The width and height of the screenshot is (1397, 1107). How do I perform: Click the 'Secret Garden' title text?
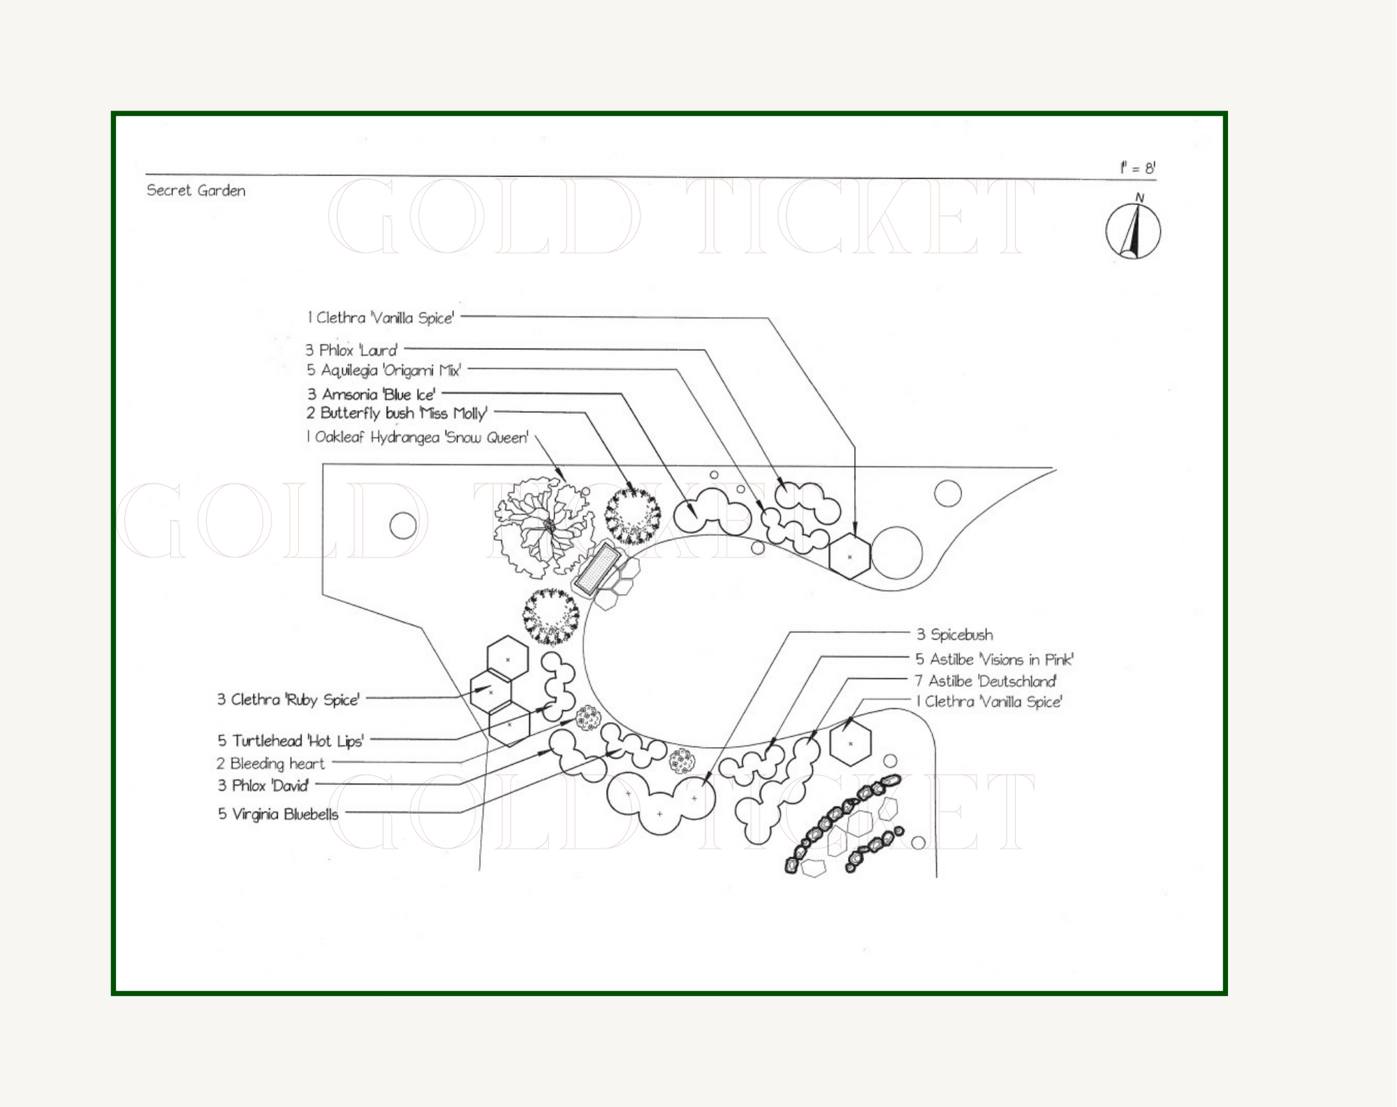196,191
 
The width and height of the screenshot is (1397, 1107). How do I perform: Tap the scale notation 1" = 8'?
1137,168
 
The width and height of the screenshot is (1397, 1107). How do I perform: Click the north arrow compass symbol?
1133,230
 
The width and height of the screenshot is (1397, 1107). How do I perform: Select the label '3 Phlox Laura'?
351,350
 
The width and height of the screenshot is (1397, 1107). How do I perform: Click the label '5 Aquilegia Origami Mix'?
383,370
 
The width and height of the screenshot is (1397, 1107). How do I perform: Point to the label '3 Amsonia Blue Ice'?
371,394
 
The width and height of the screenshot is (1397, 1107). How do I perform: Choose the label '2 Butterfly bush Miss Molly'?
396,413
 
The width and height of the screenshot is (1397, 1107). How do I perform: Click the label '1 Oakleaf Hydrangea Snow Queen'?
417,437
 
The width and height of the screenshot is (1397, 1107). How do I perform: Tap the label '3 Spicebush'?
954,635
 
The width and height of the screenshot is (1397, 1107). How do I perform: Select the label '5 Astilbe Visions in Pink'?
994,659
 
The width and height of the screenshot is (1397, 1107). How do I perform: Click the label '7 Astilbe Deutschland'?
985,681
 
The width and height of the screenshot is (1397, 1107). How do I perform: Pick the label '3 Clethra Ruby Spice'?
288,700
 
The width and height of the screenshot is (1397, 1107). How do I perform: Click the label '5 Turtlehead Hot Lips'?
290,741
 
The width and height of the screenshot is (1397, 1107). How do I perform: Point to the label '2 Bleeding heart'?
270,764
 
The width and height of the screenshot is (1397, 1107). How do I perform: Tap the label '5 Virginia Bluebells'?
278,814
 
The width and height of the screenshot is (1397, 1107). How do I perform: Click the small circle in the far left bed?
403,526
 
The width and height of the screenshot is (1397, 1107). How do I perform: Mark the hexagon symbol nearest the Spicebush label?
850,742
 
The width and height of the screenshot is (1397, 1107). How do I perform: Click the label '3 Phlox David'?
263,786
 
